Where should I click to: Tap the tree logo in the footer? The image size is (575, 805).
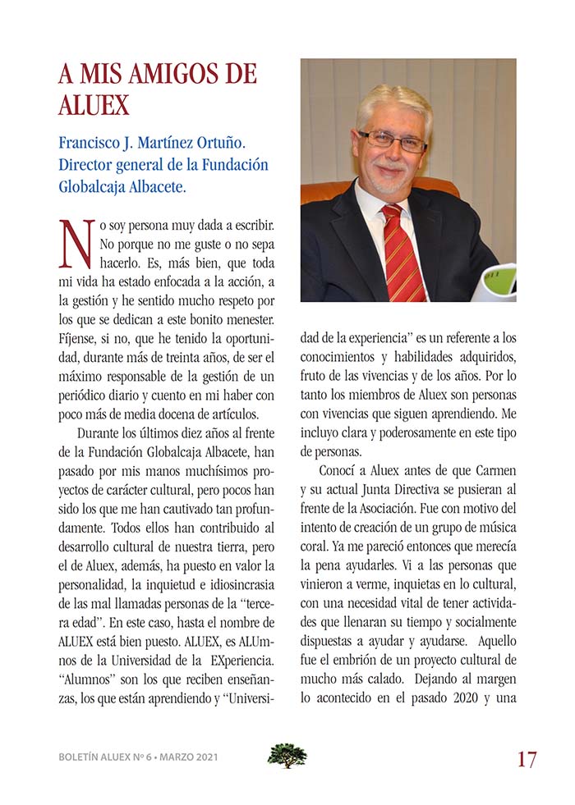coord(287,755)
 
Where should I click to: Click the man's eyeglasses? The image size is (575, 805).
coord(392,141)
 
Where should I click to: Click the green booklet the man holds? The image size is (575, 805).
coord(495,282)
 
